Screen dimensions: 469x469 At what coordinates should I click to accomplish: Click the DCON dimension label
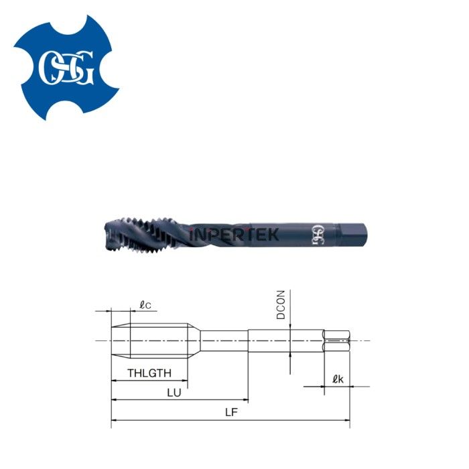point(281,305)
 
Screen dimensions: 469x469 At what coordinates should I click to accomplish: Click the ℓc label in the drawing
point(145,305)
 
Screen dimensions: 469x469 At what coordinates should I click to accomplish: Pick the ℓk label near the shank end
point(338,379)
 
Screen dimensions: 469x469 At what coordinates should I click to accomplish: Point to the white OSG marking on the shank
point(316,235)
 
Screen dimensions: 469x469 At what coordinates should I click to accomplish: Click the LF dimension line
point(230,420)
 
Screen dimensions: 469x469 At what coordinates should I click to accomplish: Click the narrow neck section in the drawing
point(224,340)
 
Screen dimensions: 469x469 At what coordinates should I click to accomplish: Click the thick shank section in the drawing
point(285,340)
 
